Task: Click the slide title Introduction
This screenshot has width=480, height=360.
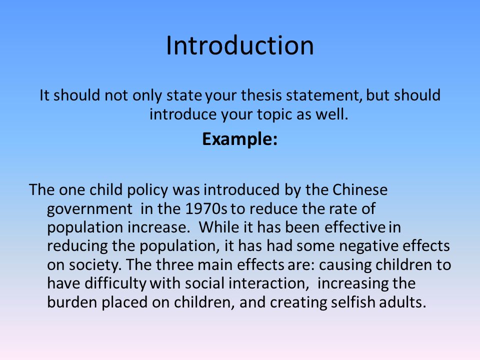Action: [x=239, y=45]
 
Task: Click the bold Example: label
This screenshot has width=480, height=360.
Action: [x=239, y=139]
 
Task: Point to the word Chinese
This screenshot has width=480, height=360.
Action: [x=359, y=189]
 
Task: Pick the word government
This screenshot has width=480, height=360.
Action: [x=89, y=209]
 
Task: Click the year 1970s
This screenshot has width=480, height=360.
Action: [x=206, y=208]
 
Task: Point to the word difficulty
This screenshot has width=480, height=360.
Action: [x=116, y=283]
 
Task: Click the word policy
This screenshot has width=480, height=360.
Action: [x=148, y=190]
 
